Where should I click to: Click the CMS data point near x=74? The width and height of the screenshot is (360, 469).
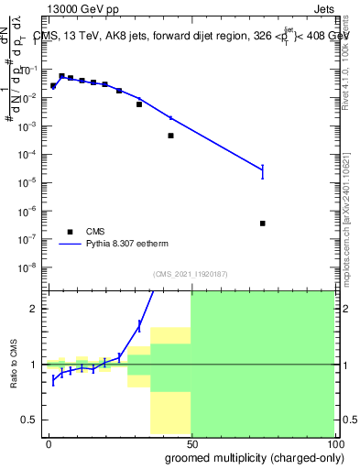[x=263, y=224]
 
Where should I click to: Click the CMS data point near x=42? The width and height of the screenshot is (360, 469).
[x=170, y=136]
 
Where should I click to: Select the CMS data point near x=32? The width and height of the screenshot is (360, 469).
[x=139, y=104]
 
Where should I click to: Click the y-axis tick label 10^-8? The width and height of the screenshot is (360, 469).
[x=27, y=267]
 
